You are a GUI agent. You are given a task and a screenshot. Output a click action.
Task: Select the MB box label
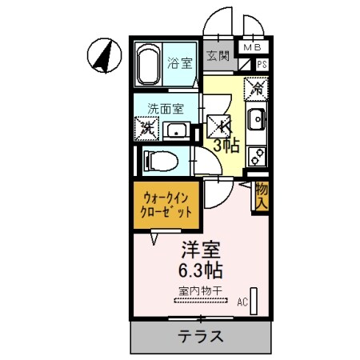click(x=251, y=48)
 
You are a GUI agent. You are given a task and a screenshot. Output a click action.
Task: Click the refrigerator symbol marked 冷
click(x=257, y=84)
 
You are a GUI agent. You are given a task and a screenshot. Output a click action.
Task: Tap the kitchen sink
click(x=257, y=122)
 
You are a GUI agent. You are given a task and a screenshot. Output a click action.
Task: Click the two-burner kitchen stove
click(x=257, y=152)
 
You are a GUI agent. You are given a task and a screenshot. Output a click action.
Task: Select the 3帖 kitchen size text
click(x=226, y=146)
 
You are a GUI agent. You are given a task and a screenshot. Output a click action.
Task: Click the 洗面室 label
click(x=164, y=109)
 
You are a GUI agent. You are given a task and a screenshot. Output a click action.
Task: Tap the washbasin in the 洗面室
click(x=177, y=130)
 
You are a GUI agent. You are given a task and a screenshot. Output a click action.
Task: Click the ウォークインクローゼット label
click(x=167, y=206)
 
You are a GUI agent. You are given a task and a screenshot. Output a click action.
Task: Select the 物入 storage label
click(x=261, y=197)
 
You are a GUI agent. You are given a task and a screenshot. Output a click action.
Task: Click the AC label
click(x=242, y=302)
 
